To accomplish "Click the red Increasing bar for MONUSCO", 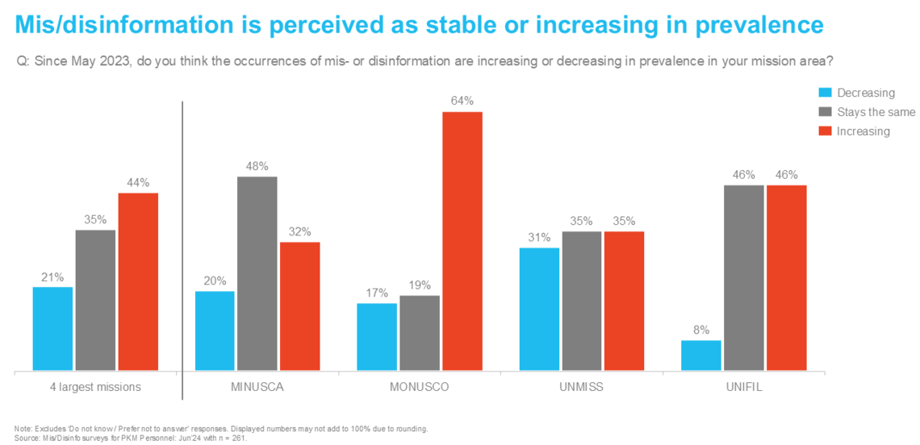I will click(x=462, y=242).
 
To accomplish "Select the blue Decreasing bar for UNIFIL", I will click(x=700, y=356).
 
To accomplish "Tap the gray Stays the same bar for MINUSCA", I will click(x=257, y=274).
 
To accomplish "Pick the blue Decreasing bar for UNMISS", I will click(x=538, y=310).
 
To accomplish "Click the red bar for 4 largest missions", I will click(x=138, y=282).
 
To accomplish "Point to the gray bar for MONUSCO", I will click(x=419, y=334).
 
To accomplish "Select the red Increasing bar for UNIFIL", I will click(x=787, y=278).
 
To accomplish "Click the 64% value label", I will click(x=462, y=101).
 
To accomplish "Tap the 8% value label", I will click(x=700, y=329).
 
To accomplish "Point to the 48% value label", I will click(x=257, y=165).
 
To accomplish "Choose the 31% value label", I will click(x=538, y=237).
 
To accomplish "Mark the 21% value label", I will click(x=52, y=277).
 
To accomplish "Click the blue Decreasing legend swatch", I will click(x=824, y=93).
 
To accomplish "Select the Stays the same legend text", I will click(x=876, y=112).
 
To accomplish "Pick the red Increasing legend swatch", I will click(x=824, y=131).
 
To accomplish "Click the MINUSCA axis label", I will click(x=257, y=387).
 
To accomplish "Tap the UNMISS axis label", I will click(x=580, y=387).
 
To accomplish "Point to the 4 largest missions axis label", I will click(x=95, y=387).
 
